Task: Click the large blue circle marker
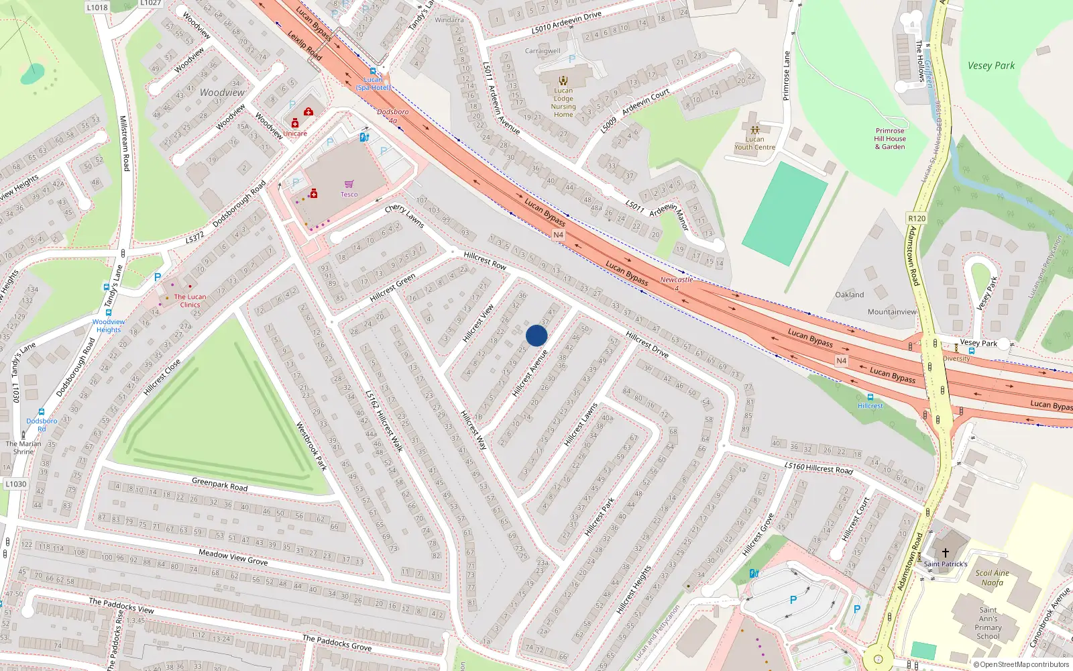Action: [x=536, y=335]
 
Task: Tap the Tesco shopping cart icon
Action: [x=349, y=184]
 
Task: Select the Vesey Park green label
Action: [x=991, y=66]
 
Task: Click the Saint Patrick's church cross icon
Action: [x=946, y=553]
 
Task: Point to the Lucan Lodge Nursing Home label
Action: [x=563, y=103]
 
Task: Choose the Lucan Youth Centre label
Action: [x=754, y=143]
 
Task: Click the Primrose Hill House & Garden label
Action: [x=890, y=139]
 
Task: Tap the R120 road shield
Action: [x=916, y=219]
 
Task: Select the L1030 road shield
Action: [x=16, y=484]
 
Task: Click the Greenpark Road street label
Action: [x=219, y=484]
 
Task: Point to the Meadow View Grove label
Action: [x=233, y=557]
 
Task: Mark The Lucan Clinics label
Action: [x=190, y=301]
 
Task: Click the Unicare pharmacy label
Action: [x=294, y=134]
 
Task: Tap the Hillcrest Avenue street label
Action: [x=530, y=373]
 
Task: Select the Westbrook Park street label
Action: [x=311, y=446]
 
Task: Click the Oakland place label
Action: [x=849, y=295]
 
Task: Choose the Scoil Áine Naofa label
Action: [x=992, y=578]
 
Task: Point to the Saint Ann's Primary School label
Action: [x=988, y=623]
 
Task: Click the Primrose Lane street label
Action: [x=787, y=76]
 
